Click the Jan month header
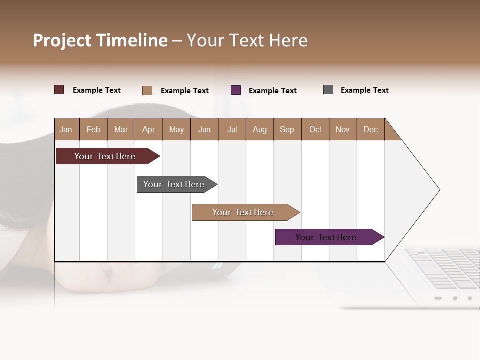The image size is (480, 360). click(66, 129)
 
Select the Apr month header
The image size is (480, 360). click(148, 129)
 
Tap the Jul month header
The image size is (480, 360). click(232, 129)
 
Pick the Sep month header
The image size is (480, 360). click(287, 129)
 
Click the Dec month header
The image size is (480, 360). click(370, 129)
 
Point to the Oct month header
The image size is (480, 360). click(315, 129)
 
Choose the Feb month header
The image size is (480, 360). click(93, 129)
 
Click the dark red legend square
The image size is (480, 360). click(59, 90)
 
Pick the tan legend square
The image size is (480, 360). click(147, 90)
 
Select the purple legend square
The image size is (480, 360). click(236, 90)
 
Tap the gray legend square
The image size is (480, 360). click(328, 90)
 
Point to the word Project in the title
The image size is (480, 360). click(62, 40)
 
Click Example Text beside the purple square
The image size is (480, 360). click(273, 91)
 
